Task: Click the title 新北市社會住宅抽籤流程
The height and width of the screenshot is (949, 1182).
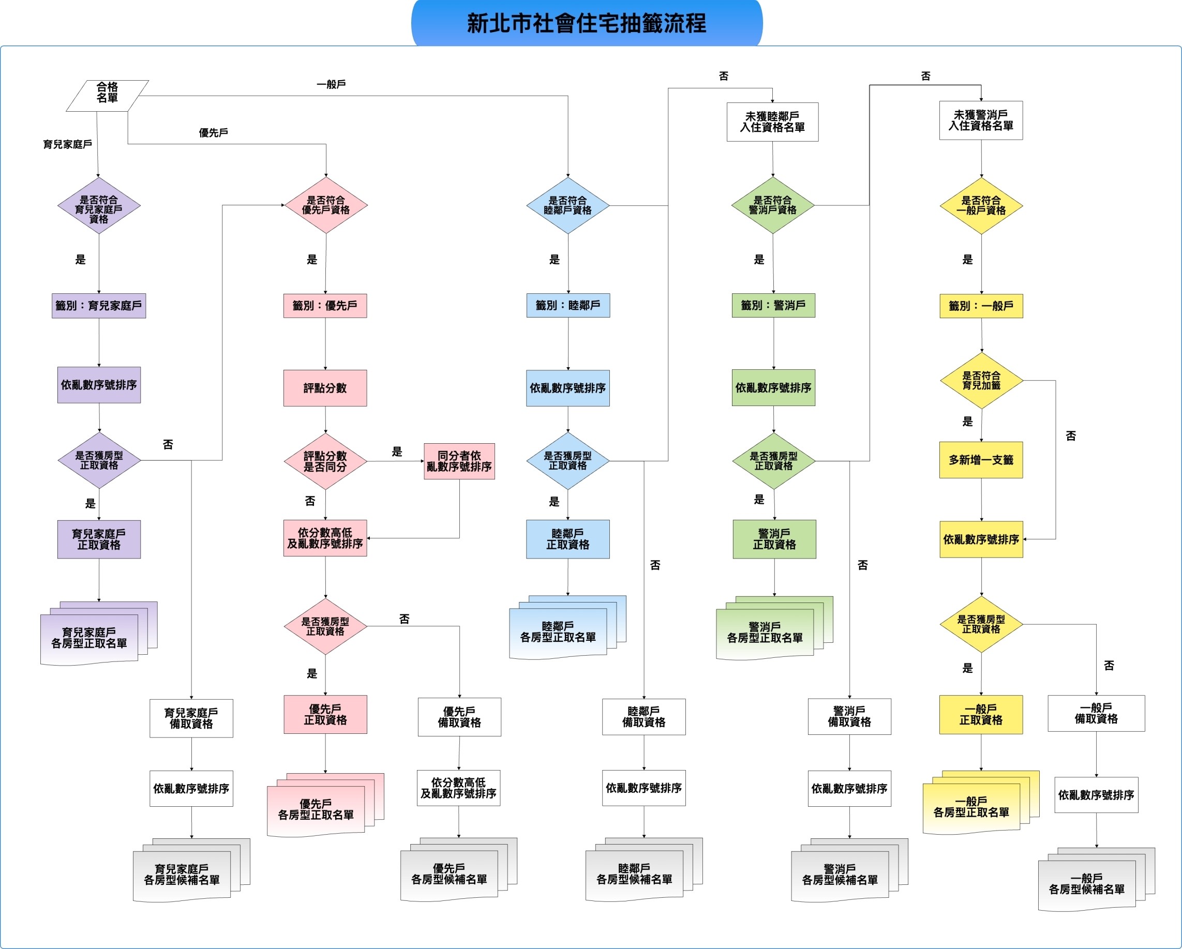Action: point(587,23)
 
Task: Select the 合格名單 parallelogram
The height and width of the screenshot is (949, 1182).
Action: point(108,96)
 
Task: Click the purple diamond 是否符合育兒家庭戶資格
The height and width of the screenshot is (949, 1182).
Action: point(99,206)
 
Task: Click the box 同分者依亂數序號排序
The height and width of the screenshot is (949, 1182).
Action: point(459,461)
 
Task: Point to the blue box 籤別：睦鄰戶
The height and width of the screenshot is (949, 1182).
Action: point(568,305)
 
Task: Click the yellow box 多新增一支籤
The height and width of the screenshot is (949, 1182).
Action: point(981,460)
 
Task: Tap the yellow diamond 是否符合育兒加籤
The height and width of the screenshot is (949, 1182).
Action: point(982,381)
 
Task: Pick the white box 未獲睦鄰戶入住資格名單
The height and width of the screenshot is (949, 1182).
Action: point(772,122)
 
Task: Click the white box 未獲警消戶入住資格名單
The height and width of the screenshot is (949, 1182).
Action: point(981,120)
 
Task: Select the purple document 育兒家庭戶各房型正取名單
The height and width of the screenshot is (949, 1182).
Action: point(99,634)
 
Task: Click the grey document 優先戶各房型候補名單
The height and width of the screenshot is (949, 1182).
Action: point(459,869)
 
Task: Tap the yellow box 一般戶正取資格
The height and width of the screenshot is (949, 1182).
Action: point(981,714)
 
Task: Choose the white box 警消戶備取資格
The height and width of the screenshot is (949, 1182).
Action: point(850,717)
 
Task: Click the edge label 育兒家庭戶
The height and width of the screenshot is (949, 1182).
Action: point(67,144)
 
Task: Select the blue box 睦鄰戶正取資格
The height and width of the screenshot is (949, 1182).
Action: point(568,539)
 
